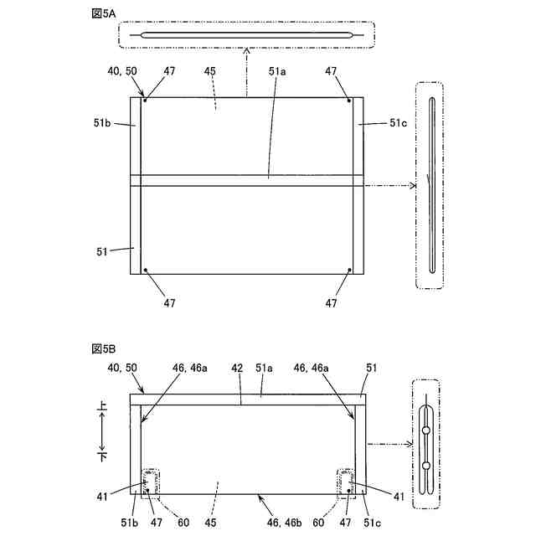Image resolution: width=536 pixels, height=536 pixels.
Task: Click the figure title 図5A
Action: pos(104,13)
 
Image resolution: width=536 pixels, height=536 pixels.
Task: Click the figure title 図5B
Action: pos(104,348)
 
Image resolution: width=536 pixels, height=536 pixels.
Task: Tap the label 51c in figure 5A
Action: pos(399,123)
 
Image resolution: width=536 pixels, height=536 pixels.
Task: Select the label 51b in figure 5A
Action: pos(102,122)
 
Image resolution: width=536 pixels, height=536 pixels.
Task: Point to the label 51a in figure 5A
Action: pos(277,71)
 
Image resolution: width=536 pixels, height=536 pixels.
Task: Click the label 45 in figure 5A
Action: pos(210,71)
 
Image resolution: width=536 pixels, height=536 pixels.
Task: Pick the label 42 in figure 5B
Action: pos(237,368)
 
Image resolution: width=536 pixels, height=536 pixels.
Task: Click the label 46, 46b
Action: pos(285,523)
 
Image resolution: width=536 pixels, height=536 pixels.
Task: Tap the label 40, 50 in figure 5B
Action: pos(122,368)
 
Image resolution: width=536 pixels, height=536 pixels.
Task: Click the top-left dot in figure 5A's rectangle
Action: pos(145,100)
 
